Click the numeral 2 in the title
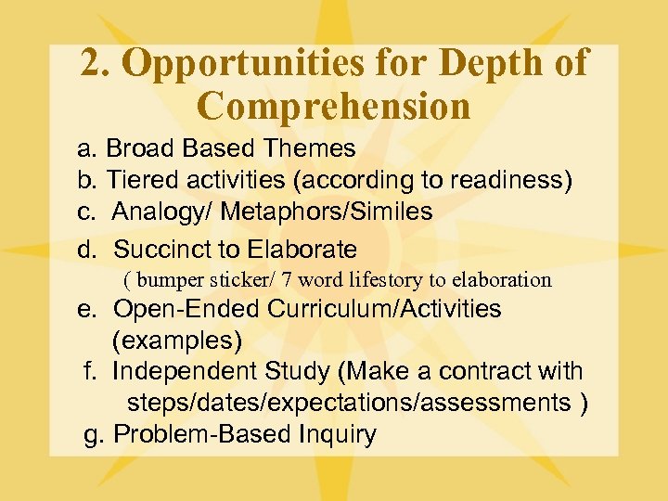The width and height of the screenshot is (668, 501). tap(91, 63)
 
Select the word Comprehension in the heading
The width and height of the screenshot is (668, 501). tap(334, 106)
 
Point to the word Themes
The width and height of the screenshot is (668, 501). tap(310, 148)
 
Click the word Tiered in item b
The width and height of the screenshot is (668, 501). tap(139, 180)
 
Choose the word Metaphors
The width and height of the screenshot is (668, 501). tap(269, 212)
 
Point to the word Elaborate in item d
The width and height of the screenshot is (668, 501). tap(302, 249)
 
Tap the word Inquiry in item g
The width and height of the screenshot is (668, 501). tap(338, 434)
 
